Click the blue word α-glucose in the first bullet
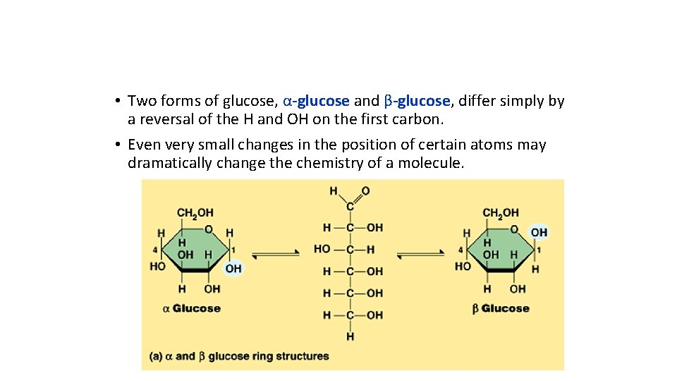[x=316, y=101]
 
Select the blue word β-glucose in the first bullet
[x=416, y=101]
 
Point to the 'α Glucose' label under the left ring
[x=191, y=308]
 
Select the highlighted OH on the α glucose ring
[x=233, y=268]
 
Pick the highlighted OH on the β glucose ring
[x=539, y=233]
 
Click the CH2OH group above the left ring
[x=195, y=212]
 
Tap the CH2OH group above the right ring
[x=501, y=212]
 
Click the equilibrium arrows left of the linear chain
[x=276, y=255]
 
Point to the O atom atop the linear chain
[x=365, y=191]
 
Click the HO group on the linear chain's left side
[x=322, y=249]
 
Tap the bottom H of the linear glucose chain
[x=350, y=337]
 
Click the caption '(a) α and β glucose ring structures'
[x=239, y=356]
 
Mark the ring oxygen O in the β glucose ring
[x=514, y=229]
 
